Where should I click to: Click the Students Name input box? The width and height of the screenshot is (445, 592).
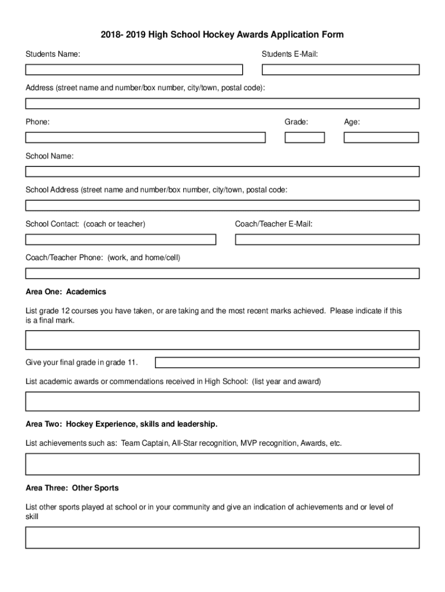pos(133,70)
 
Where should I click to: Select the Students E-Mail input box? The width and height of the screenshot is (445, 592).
pos(340,70)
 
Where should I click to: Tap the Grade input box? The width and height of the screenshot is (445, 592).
pos(305,138)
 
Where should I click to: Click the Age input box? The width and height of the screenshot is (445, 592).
pos(381,138)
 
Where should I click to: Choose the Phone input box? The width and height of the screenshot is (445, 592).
pos(145,138)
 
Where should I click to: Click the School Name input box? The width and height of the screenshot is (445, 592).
pos(222,172)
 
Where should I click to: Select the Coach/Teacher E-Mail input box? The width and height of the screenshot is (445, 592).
pos(327,239)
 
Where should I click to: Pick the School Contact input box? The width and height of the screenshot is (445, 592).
pos(120,239)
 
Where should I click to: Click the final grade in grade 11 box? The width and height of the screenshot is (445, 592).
pos(287,362)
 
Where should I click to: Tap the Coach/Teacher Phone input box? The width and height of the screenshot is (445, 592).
pos(222,273)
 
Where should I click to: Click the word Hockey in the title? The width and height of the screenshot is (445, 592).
pos(210,35)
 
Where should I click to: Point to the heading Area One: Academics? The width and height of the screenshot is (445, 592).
pos(66,291)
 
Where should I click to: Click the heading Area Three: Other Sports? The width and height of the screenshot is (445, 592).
pos(72,488)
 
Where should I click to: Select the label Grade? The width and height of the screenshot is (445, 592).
pos(296,122)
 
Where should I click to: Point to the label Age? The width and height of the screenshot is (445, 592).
pos(352,122)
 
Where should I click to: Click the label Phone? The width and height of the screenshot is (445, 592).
pos(38,122)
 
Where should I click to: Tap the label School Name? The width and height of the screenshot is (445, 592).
pos(49,156)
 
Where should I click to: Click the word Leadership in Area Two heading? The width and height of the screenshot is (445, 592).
pos(197,424)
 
